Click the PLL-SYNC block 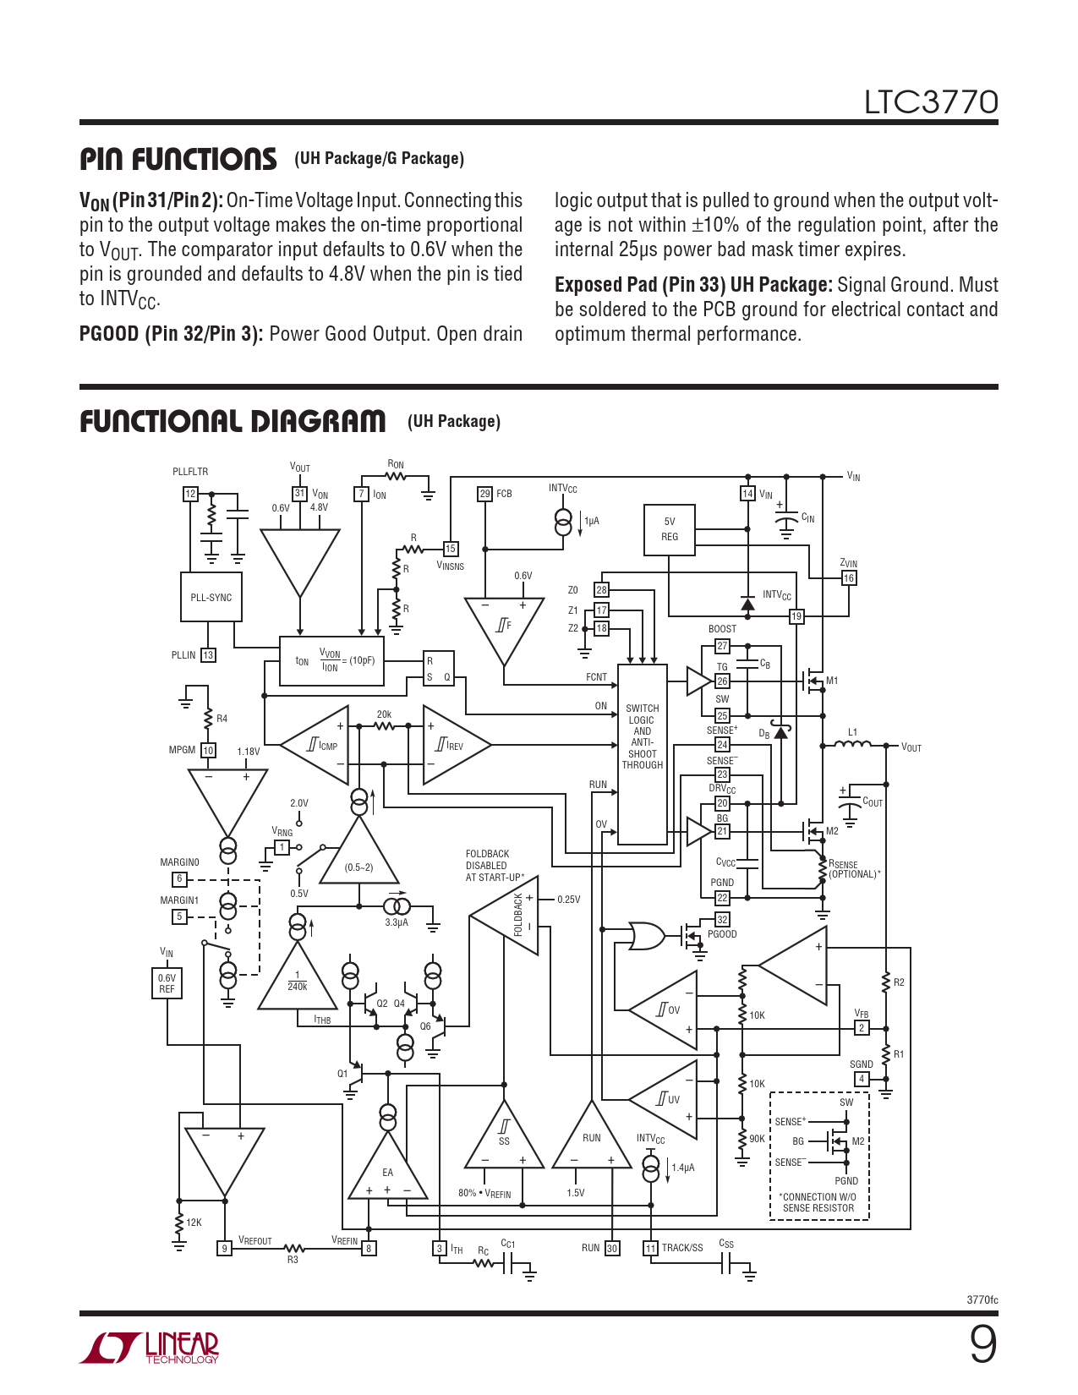click(x=211, y=597)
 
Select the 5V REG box click(x=669, y=529)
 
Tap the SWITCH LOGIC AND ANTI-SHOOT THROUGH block click(x=642, y=754)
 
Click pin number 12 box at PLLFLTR click(x=190, y=494)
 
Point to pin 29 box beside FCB click(x=484, y=494)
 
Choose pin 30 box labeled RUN click(x=612, y=1248)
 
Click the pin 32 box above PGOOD click(x=722, y=919)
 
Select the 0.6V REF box click(x=167, y=983)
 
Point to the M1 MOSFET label click(x=832, y=681)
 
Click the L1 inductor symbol click(x=852, y=745)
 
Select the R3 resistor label click(x=293, y=1260)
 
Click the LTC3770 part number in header click(x=931, y=102)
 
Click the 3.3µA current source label click(x=397, y=922)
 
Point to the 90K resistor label click(x=757, y=1139)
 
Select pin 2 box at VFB click(x=862, y=1028)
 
